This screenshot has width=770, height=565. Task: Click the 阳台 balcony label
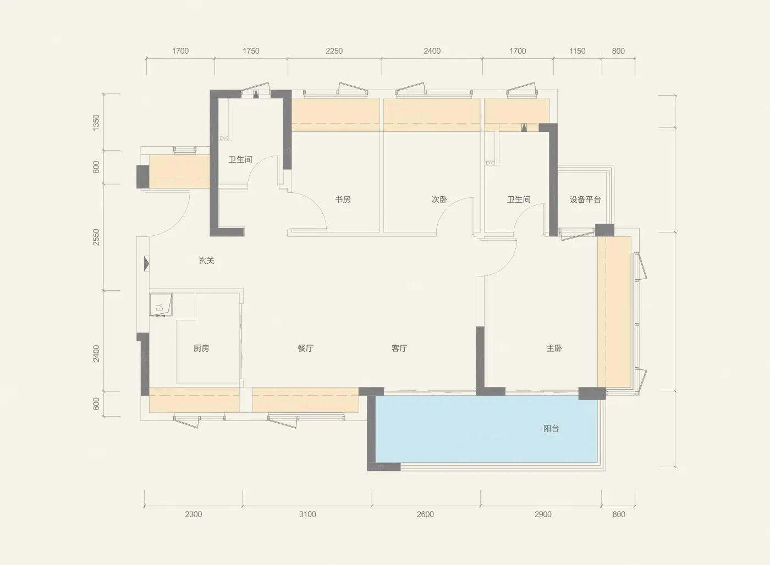point(551,428)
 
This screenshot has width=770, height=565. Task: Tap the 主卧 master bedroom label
point(554,348)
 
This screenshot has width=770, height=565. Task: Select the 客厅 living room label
point(399,348)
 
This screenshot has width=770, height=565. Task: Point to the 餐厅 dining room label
point(306,348)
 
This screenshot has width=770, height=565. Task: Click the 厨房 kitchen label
point(201,348)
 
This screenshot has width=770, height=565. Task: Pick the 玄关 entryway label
point(206,261)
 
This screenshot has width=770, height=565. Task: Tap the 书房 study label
point(343,200)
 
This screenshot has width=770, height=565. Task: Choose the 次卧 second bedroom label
point(439,200)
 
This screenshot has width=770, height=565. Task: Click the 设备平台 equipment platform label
point(585,200)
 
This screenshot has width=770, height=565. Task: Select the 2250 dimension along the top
point(334,51)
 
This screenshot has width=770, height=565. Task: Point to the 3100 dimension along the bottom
point(307,514)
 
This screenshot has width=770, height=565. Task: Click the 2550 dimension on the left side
point(96,237)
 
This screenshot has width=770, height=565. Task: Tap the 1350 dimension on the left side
point(96,122)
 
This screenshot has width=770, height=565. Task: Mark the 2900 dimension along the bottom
point(543,514)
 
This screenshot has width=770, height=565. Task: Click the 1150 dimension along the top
point(577,51)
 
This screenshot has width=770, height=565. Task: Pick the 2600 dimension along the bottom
point(425,514)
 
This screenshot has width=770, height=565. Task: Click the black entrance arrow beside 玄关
point(146,264)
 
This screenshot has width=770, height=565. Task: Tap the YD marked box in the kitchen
point(161,304)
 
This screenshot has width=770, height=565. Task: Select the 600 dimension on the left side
point(96,403)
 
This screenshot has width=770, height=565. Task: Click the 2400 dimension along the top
point(432,51)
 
